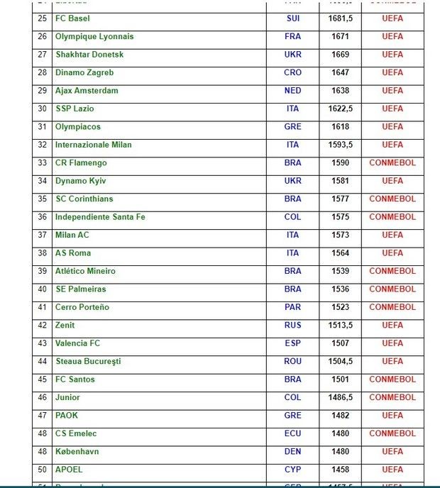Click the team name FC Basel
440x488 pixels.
pos(72,18)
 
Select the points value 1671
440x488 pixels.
pos(341,36)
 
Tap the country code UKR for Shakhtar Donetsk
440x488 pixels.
pos(292,55)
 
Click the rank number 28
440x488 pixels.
pos(42,72)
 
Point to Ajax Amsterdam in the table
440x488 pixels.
pos(87,91)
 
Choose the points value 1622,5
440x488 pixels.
pos(341,109)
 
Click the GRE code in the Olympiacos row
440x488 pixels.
pos(292,127)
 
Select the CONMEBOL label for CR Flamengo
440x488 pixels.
pos(392,163)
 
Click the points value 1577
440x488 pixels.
pos(341,199)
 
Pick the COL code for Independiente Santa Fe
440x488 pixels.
pos(292,217)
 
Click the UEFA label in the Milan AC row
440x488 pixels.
pos(392,235)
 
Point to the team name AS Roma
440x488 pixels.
pos(73,253)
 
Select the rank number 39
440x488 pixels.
pos(42,271)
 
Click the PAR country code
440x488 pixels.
pos(292,307)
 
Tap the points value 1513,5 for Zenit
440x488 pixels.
pos(341,326)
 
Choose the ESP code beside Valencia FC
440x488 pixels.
pos(292,343)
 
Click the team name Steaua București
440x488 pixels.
pos(88,362)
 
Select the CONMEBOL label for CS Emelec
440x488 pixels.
pos(392,433)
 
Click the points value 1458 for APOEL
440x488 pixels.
pos(341,470)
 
